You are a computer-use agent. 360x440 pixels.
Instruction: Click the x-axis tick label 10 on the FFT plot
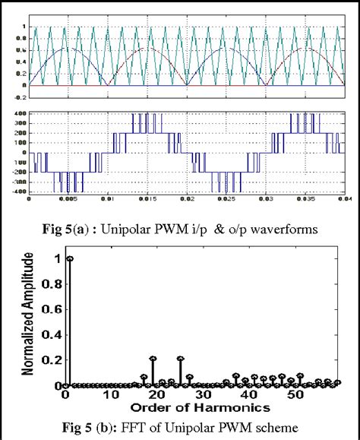point(111,396)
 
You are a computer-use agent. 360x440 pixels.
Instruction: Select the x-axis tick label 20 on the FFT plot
point(156,396)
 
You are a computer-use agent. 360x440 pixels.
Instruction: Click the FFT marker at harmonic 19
point(153,358)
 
